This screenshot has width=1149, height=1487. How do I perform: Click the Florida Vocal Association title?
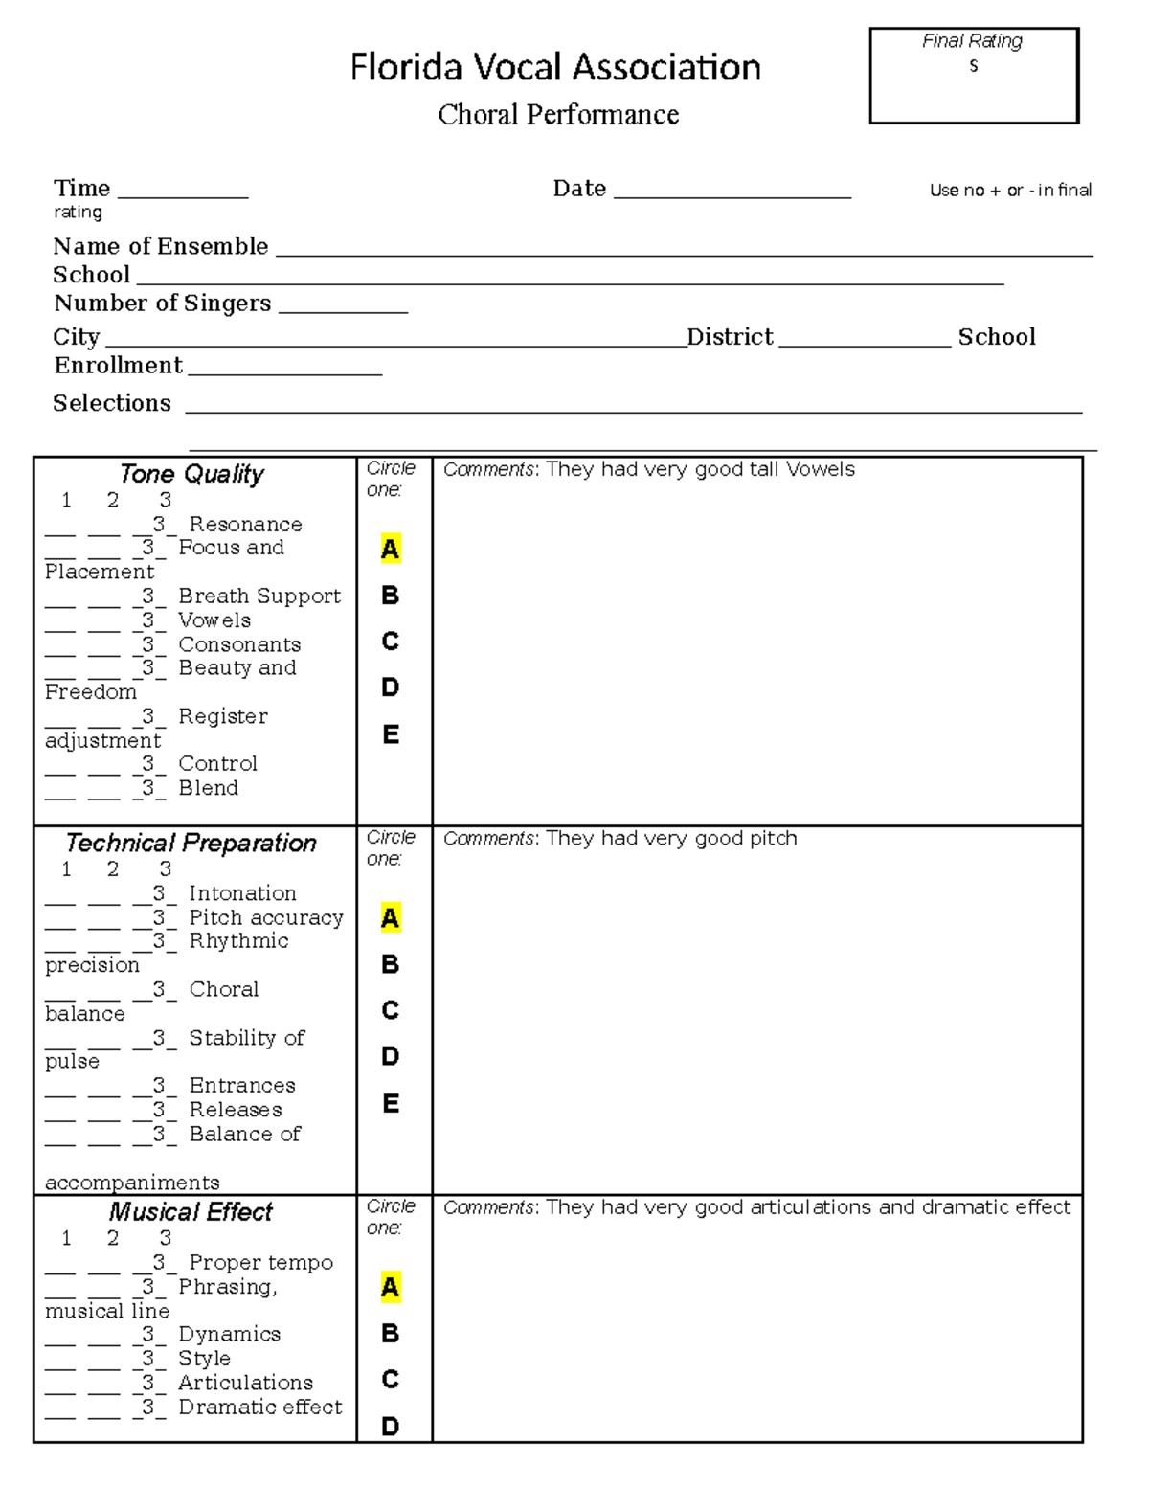555,68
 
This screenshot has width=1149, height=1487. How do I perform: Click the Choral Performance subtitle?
558,115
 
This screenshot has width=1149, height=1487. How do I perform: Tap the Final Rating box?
974,77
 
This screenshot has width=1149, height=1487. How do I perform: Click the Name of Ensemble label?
160,246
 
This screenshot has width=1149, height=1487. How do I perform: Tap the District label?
730,337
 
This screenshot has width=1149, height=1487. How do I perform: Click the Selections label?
112,403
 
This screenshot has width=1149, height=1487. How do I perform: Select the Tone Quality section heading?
191,474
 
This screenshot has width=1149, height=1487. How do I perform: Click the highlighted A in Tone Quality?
390,549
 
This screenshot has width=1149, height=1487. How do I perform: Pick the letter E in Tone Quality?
390,734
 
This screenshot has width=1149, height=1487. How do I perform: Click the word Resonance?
245,524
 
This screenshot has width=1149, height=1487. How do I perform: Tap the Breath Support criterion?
259,596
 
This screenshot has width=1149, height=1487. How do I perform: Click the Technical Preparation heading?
191,843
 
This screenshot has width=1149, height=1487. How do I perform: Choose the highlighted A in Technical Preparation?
390,918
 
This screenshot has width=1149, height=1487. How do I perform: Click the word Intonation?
242,893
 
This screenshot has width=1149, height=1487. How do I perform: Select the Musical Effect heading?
191,1212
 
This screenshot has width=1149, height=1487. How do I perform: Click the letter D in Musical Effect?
390,1427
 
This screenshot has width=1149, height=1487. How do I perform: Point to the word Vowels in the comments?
820,469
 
